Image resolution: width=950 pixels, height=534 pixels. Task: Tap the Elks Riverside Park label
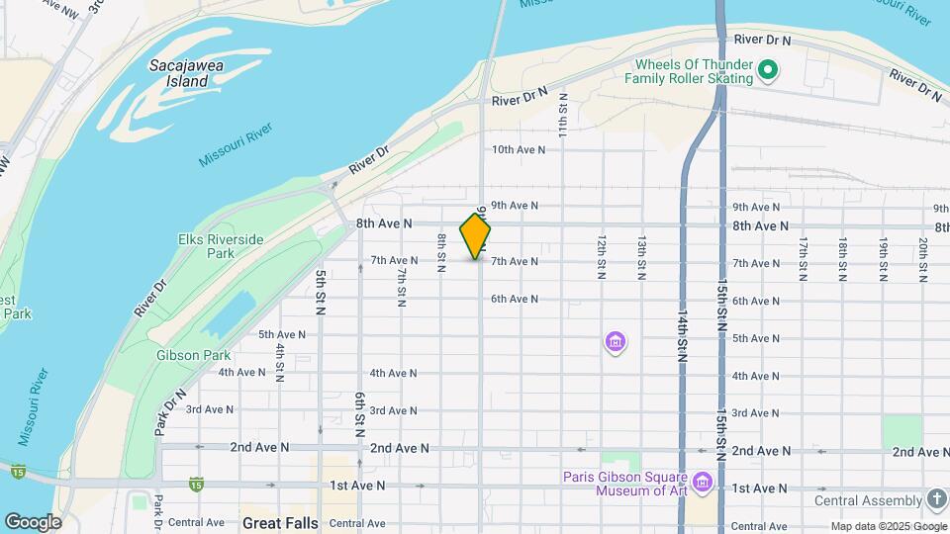[x=221, y=246]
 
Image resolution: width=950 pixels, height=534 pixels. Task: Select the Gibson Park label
[x=193, y=355]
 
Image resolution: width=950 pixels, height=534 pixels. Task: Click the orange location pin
[x=476, y=236]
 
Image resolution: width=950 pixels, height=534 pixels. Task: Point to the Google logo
[x=33, y=522]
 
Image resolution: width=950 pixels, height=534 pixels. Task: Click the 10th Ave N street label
[x=519, y=149]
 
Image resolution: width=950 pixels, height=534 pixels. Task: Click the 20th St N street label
[x=922, y=259]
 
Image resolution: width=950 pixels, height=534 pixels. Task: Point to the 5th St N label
[x=321, y=292]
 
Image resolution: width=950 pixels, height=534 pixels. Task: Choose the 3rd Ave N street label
[x=210, y=409]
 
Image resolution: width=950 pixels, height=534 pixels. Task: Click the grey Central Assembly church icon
[x=936, y=500]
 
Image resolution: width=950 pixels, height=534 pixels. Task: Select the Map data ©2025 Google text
[x=887, y=526]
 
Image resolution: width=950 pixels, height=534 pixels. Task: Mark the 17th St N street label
[x=804, y=259]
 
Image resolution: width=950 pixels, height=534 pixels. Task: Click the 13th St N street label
[x=641, y=258]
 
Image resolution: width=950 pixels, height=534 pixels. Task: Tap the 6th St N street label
[x=360, y=411]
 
